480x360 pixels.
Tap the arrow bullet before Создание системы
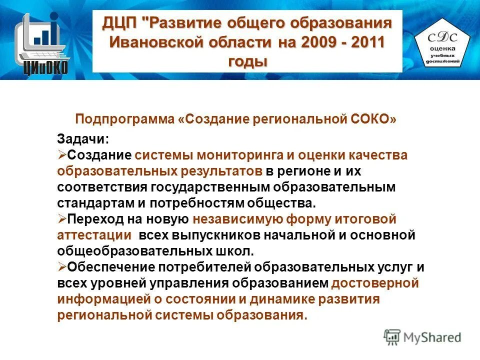[62, 155]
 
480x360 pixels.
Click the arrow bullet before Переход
[62, 218]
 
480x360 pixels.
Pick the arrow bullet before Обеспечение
[62, 266]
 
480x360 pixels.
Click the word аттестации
[94, 234]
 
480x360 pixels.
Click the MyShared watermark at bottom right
[423, 337]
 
